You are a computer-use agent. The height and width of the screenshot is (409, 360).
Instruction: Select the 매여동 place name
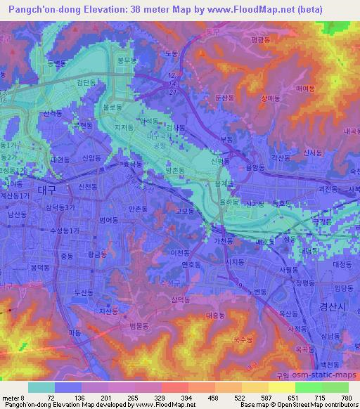(x=304, y=89)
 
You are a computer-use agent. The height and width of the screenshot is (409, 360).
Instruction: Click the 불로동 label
(x=112, y=108)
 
